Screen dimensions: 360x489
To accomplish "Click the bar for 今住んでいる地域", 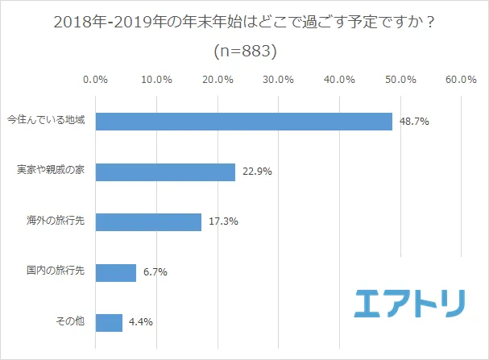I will [243, 122].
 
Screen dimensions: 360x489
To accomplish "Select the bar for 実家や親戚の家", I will [165, 172].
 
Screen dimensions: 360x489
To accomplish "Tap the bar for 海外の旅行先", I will [148, 222].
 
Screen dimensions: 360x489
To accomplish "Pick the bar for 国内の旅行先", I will [116, 272].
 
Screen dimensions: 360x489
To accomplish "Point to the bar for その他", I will [109, 322].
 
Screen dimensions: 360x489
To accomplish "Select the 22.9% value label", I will [255, 172].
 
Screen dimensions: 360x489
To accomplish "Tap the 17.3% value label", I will [222, 222].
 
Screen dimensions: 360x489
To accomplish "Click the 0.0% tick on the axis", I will [96, 80].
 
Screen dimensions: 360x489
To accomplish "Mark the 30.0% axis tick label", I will [278, 80].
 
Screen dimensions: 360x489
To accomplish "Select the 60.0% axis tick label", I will [460, 80].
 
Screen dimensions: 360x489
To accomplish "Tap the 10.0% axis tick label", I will [156, 80].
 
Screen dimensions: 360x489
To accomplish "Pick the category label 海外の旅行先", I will [56, 222].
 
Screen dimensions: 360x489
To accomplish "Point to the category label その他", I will [70, 322].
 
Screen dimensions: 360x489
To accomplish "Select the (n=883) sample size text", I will [245, 50].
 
